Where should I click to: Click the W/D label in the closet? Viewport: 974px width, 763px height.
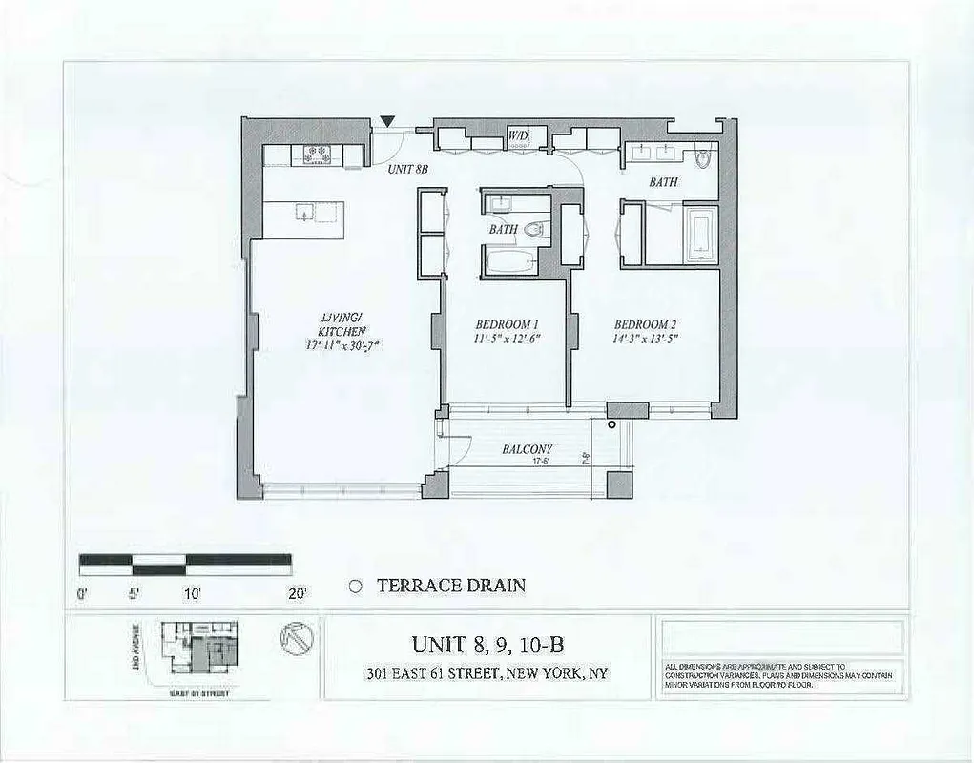click(x=518, y=136)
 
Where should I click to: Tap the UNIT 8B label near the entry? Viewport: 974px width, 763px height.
click(x=406, y=169)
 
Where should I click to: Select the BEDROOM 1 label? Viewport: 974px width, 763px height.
click(x=499, y=323)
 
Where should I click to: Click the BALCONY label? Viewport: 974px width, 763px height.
click(x=528, y=449)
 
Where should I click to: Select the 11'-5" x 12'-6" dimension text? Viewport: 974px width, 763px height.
click(x=500, y=339)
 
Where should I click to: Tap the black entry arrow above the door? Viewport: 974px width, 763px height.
click(x=386, y=120)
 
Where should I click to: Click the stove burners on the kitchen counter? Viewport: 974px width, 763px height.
click(x=316, y=153)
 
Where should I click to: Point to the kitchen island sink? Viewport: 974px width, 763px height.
click(x=303, y=212)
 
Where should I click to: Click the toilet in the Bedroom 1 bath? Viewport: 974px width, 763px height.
click(x=533, y=229)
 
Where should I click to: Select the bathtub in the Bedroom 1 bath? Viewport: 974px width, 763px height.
click(x=509, y=260)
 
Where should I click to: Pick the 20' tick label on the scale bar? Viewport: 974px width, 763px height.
click(x=298, y=594)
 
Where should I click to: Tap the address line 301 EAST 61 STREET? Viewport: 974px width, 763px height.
click(x=487, y=673)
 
